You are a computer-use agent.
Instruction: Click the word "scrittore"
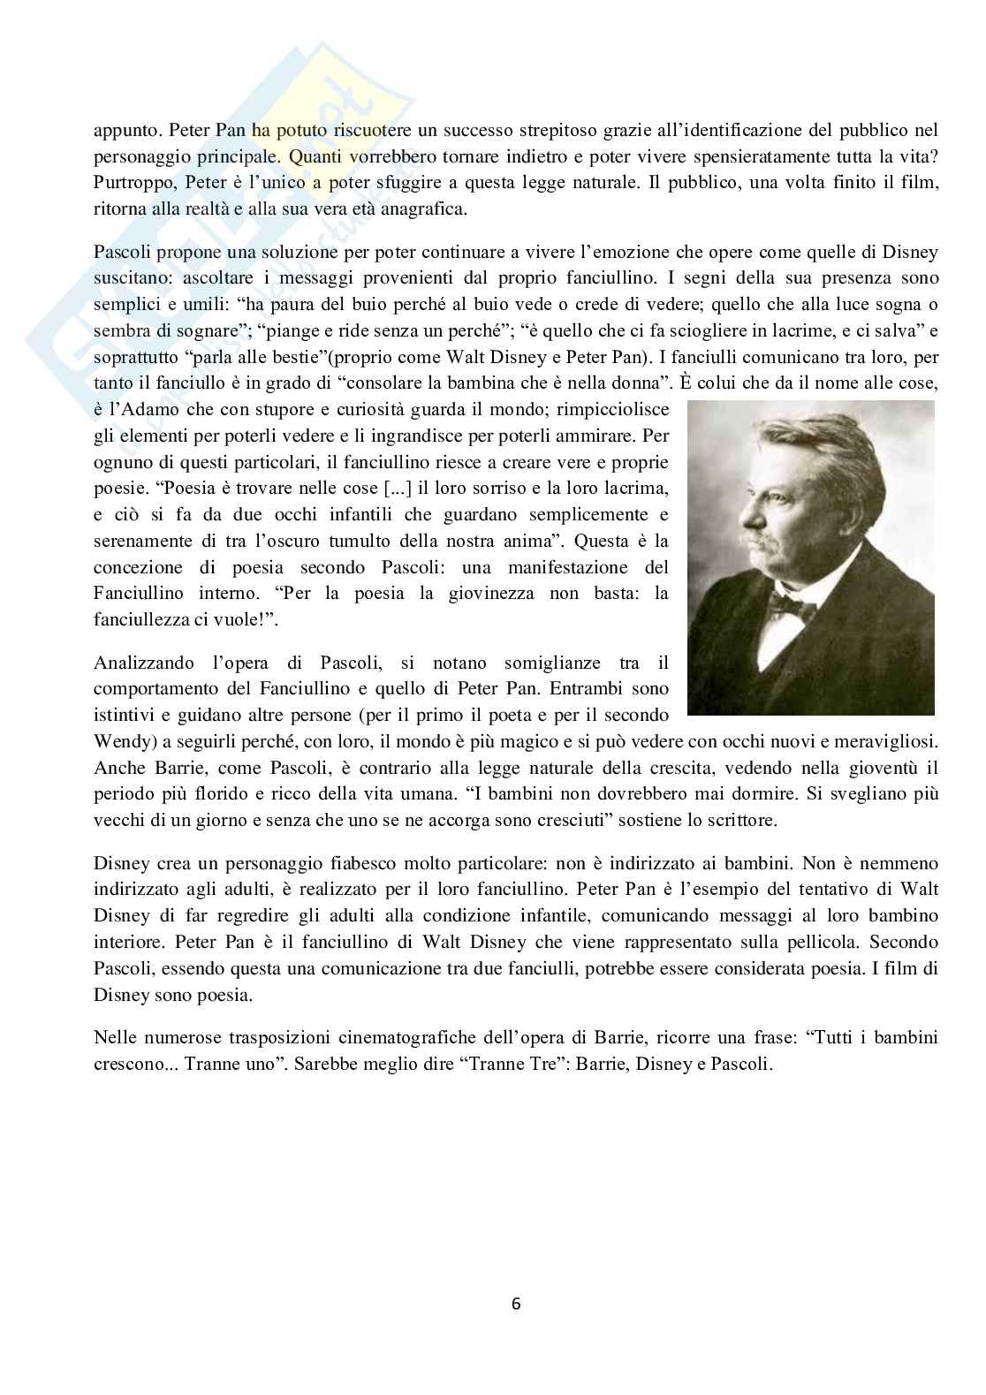(x=740, y=820)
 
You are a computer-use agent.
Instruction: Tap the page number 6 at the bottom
(x=516, y=1303)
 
